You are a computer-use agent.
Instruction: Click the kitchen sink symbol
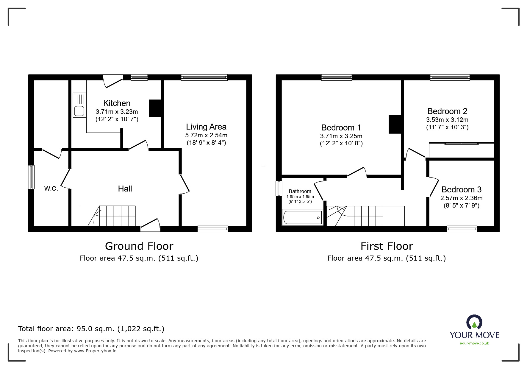pyautogui.click(x=79, y=105)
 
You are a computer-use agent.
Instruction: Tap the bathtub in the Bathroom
pyautogui.click(x=303, y=218)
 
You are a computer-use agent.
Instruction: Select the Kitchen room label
pyautogui.click(x=117, y=103)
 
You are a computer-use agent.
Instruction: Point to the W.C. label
pyautogui.click(x=51, y=189)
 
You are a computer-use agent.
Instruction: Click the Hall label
pyautogui.click(x=125, y=189)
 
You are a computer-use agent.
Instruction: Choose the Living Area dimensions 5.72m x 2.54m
pyautogui.click(x=206, y=135)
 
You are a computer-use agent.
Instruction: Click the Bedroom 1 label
pyautogui.click(x=341, y=128)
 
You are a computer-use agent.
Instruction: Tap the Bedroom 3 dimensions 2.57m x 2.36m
pyautogui.click(x=461, y=198)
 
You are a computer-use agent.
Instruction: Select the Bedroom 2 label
pyautogui.click(x=447, y=111)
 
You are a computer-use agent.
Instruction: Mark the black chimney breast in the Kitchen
pyautogui.click(x=155, y=108)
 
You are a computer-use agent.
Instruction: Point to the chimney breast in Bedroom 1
pyautogui.click(x=395, y=124)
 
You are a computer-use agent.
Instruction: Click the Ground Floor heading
pyautogui.click(x=139, y=246)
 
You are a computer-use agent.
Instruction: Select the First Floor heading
pyautogui.click(x=387, y=246)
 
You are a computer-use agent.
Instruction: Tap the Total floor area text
pyautogui.click(x=91, y=329)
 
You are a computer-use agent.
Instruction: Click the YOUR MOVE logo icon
pyautogui.click(x=474, y=323)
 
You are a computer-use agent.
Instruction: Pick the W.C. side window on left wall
pyautogui.click(x=31, y=177)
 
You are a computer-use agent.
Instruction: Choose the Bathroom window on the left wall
pyautogui.click(x=279, y=188)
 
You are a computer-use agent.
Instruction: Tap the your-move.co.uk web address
pyautogui.click(x=474, y=343)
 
